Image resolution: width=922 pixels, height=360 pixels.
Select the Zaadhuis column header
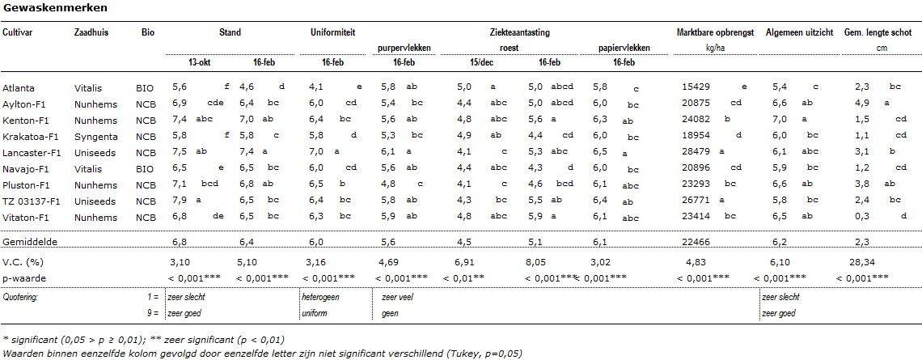(91, 32)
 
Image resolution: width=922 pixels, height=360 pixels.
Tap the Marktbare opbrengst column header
(716, 32)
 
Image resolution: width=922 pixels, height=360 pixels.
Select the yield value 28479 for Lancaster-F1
(697, 153)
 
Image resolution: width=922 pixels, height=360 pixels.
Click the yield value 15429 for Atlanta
(697, 88)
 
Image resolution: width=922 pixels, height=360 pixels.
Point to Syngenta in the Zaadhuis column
(96, 137)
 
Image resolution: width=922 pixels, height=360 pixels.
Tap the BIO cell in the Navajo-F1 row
(145, 169)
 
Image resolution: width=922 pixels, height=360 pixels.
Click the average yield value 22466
(697, 242)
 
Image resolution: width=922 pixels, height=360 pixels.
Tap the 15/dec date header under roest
(468, 61)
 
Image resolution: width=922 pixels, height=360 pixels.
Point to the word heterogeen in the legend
(320, 298)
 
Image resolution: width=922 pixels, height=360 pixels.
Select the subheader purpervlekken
(404, 48)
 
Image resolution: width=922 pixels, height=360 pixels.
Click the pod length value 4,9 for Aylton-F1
(862, 104)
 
